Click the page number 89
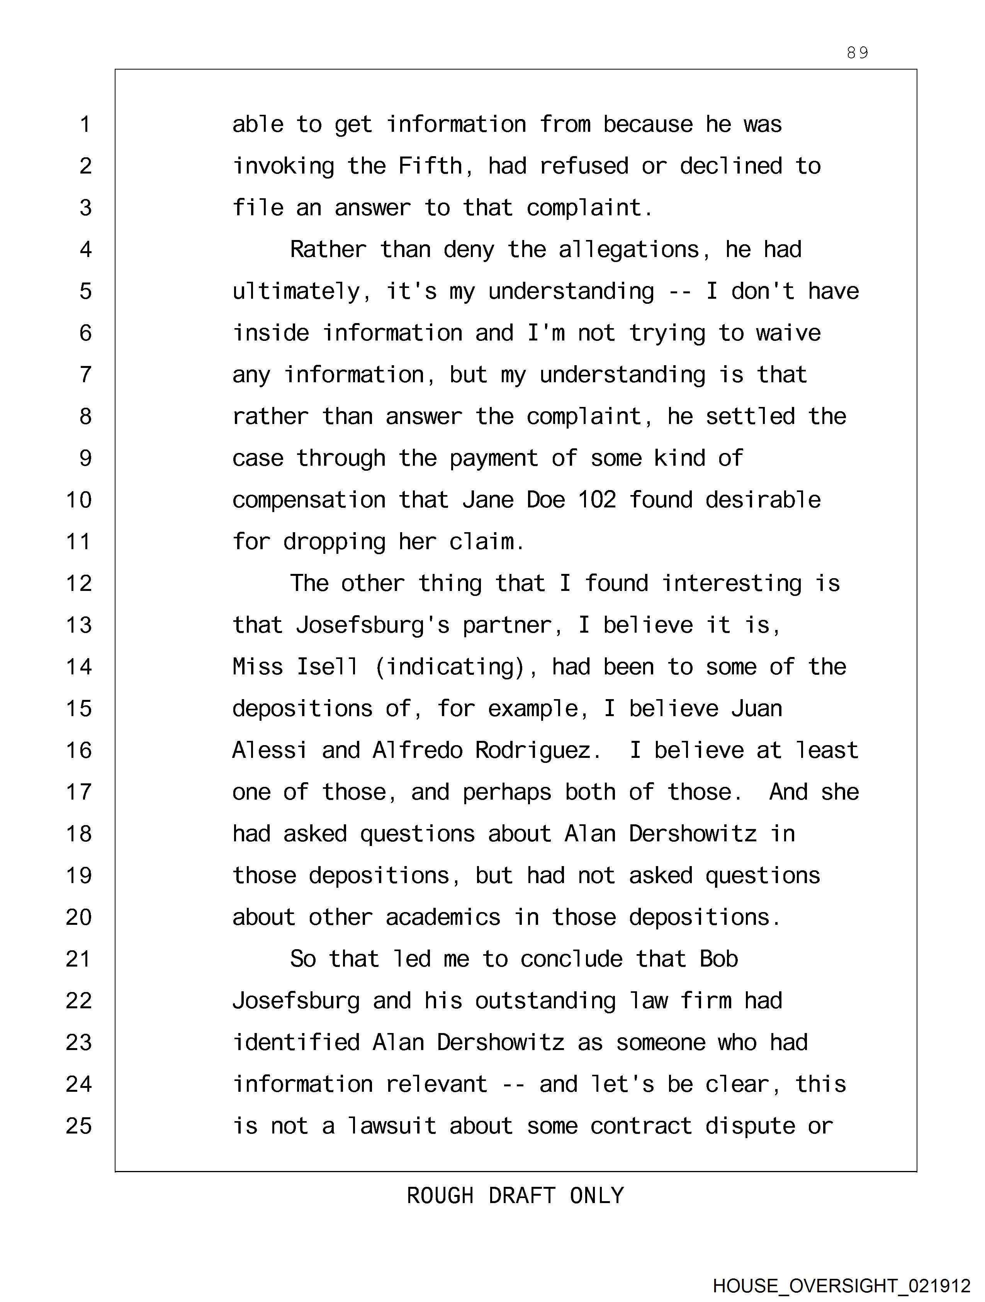pos(857,53)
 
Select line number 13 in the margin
pos(79,625)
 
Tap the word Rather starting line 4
pos(328,250)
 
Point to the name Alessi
pos(270,751)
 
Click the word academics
pos(443,917)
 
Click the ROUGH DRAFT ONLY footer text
pos(515,1195)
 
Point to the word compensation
pos(309,500)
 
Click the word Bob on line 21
pos(718,959)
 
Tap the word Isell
pos(327,667)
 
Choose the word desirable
pos(763,500)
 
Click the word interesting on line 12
pos(731,583)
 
